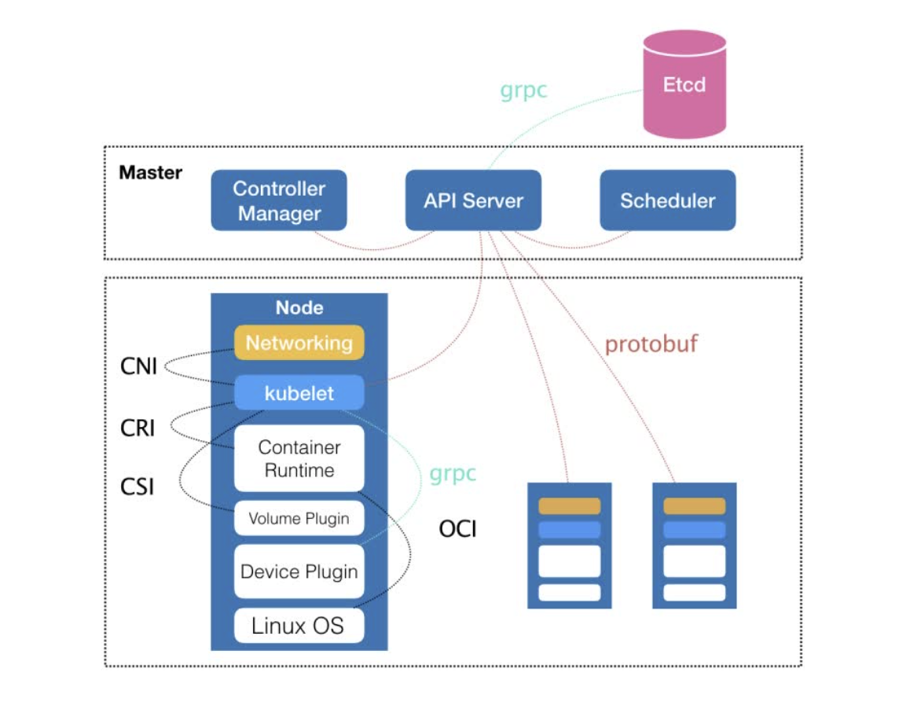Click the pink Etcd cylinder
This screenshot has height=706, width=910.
(684, 86)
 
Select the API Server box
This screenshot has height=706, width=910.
(473, 200)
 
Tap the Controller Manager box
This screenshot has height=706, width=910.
(279, 200)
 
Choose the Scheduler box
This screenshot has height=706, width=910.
(667, 200)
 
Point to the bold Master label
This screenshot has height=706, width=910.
(150, 172)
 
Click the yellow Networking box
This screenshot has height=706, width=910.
(299, 343)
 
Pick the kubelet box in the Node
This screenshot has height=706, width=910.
(299, 393)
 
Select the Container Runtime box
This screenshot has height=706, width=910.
(299, 458)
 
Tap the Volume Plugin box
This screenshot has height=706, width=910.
(299, 518)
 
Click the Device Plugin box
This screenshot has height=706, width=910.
(299, 572)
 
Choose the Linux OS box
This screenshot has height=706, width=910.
(299, 626)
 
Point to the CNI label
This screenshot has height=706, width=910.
(138, 366)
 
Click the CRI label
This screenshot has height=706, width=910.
(138, 428)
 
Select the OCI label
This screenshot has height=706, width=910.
(457, 529)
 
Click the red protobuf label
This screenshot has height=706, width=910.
(651, 344)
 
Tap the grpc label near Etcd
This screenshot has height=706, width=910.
(523, 90)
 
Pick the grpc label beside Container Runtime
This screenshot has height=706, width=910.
(453, 474)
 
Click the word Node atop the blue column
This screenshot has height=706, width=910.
(299, 307)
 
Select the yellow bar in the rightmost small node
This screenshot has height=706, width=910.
(694, 506)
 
